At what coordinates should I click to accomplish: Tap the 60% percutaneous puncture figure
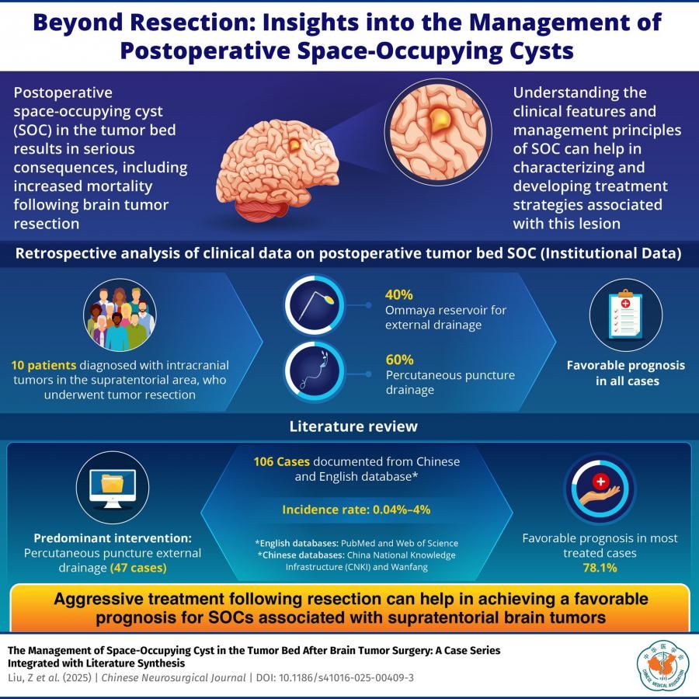pyautogui.click(x=399, y=360)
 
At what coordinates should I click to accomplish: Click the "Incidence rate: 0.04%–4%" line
pyautogui.click(x=356, y=509)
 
